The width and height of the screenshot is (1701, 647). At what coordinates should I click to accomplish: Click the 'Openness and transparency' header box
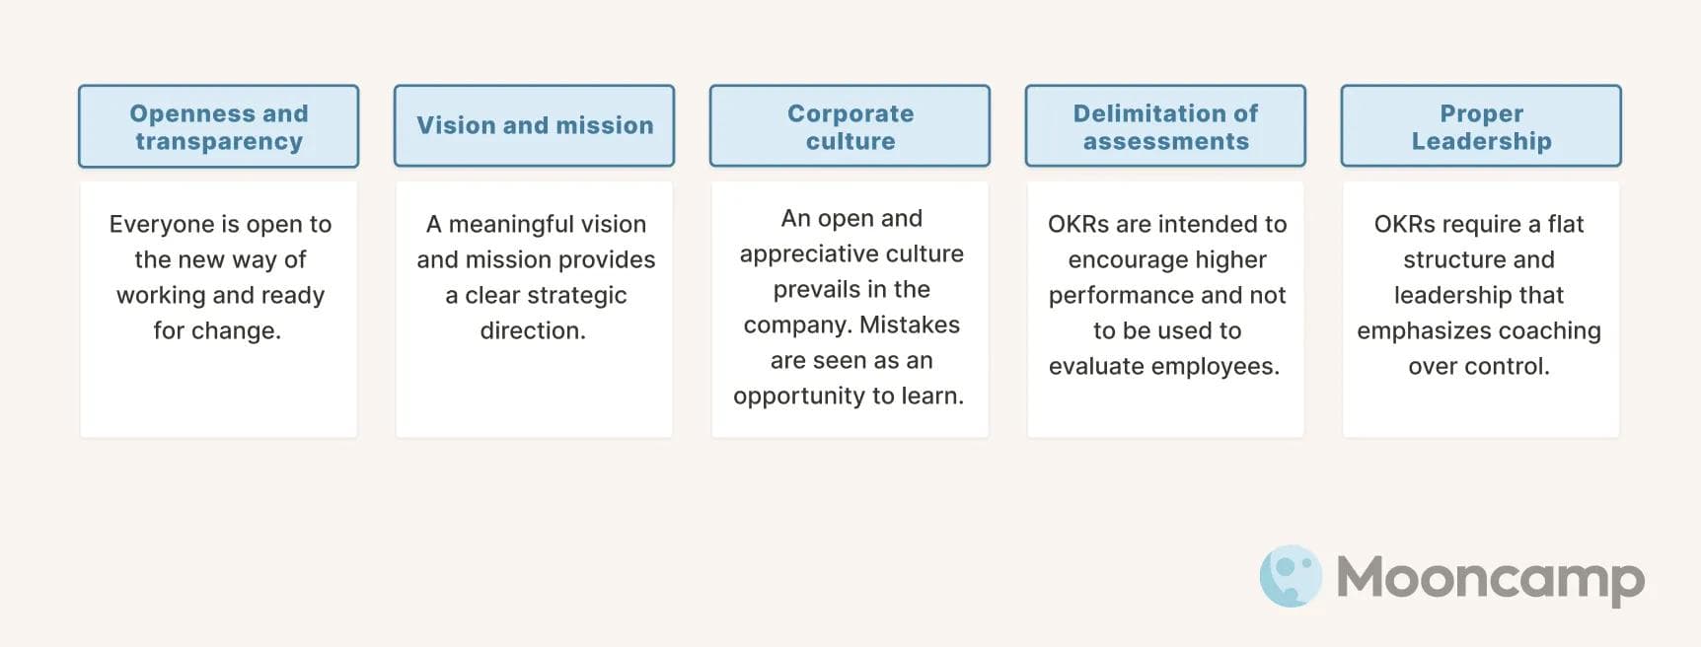[218, 126]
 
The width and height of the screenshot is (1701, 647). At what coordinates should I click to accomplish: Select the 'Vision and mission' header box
[534, 126]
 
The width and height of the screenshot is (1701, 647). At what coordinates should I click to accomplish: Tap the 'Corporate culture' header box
[850, 126]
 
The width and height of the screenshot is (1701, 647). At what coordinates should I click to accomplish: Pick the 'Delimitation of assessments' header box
[1165, 126]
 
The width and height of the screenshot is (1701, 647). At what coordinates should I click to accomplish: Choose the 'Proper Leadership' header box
[1481, 126]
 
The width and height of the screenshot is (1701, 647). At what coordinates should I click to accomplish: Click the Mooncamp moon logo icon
[1291, 576]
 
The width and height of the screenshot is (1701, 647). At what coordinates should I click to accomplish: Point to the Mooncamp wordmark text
[1490, 578]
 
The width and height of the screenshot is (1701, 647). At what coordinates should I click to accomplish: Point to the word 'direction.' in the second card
[533, 331]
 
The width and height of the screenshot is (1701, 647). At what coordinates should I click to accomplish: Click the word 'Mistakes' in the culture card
[910, 325]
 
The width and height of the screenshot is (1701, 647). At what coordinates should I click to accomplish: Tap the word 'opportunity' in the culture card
[793, 396]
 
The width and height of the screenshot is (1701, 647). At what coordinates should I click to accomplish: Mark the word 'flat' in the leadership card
[1566, 225]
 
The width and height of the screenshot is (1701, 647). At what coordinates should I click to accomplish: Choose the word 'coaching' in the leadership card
[1554, 331]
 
